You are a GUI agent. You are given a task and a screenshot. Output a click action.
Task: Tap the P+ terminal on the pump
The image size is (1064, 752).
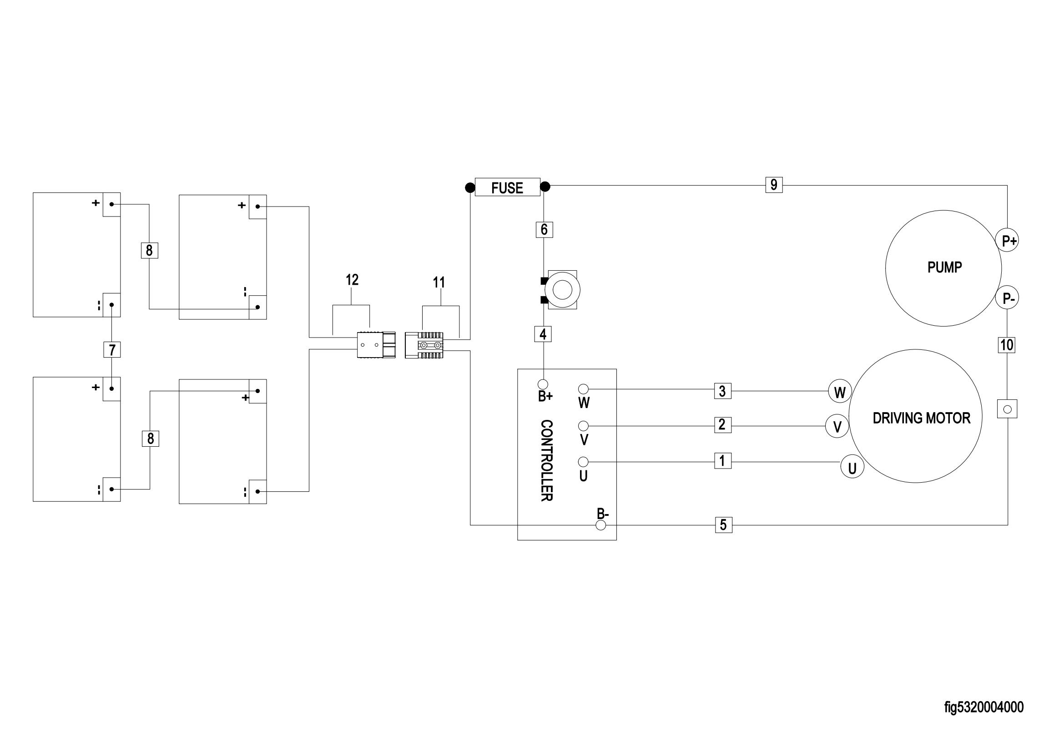1007,241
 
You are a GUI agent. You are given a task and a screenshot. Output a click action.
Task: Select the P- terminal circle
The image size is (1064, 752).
1007,298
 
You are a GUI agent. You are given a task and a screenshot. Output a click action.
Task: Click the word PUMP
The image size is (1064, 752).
944,267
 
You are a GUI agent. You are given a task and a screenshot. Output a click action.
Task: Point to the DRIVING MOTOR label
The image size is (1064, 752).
921,418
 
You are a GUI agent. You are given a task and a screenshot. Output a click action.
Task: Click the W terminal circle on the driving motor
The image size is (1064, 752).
840,392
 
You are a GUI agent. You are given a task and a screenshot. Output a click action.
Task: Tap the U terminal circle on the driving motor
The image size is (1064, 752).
852,468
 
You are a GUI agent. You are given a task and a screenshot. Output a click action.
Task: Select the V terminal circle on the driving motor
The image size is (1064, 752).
837,427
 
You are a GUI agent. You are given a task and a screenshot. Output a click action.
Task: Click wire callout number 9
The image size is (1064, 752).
774,185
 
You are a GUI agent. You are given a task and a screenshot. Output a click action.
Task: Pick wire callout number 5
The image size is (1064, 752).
723,525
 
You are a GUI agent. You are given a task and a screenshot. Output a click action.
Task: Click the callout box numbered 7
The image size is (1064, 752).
112,349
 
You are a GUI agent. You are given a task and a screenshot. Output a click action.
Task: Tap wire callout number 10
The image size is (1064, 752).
1007,345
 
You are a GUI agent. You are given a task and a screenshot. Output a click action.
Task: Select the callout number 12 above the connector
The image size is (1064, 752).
352,280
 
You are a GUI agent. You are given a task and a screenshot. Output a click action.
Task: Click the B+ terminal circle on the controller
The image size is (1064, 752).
543,384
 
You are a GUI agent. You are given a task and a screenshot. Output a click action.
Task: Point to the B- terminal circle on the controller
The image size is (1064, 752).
600,525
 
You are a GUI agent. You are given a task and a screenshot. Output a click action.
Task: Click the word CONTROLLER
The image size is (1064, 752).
546,460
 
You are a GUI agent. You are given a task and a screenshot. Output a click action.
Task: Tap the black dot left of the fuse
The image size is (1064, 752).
470,187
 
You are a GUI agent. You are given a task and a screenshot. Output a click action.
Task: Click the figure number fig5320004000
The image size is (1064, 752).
984,707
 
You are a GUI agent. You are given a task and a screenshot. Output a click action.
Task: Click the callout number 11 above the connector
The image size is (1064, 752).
439,282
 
